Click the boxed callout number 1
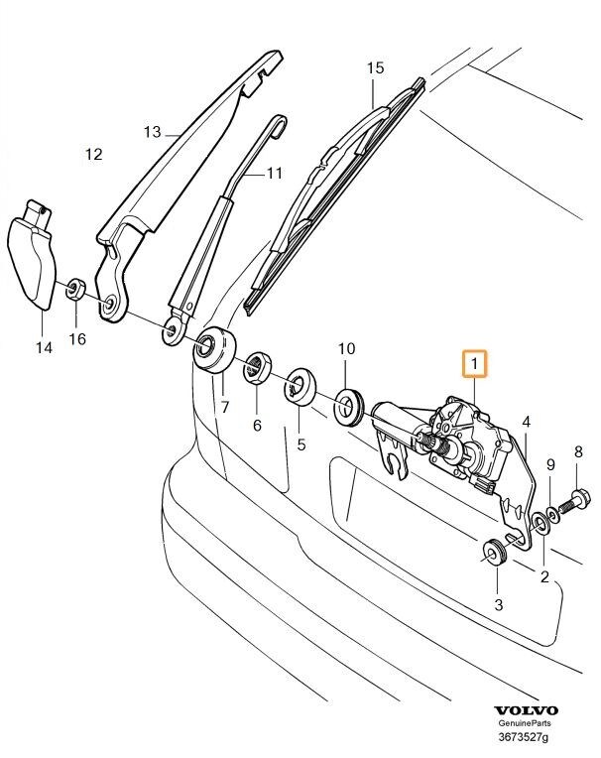tap(475, 365)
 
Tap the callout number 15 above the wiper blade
tap(374, 68)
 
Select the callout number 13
tap(151, 131)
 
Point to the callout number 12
tap(93, 154)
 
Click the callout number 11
tap(273, 173)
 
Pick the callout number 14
tap(43, 346)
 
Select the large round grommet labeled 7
tap(213, 349)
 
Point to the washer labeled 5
tap(299, 386)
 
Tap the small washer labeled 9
tap(551, 506)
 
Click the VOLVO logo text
tap(526, 711)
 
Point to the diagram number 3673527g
tap(526, 738)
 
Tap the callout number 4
tap(527, 421)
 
